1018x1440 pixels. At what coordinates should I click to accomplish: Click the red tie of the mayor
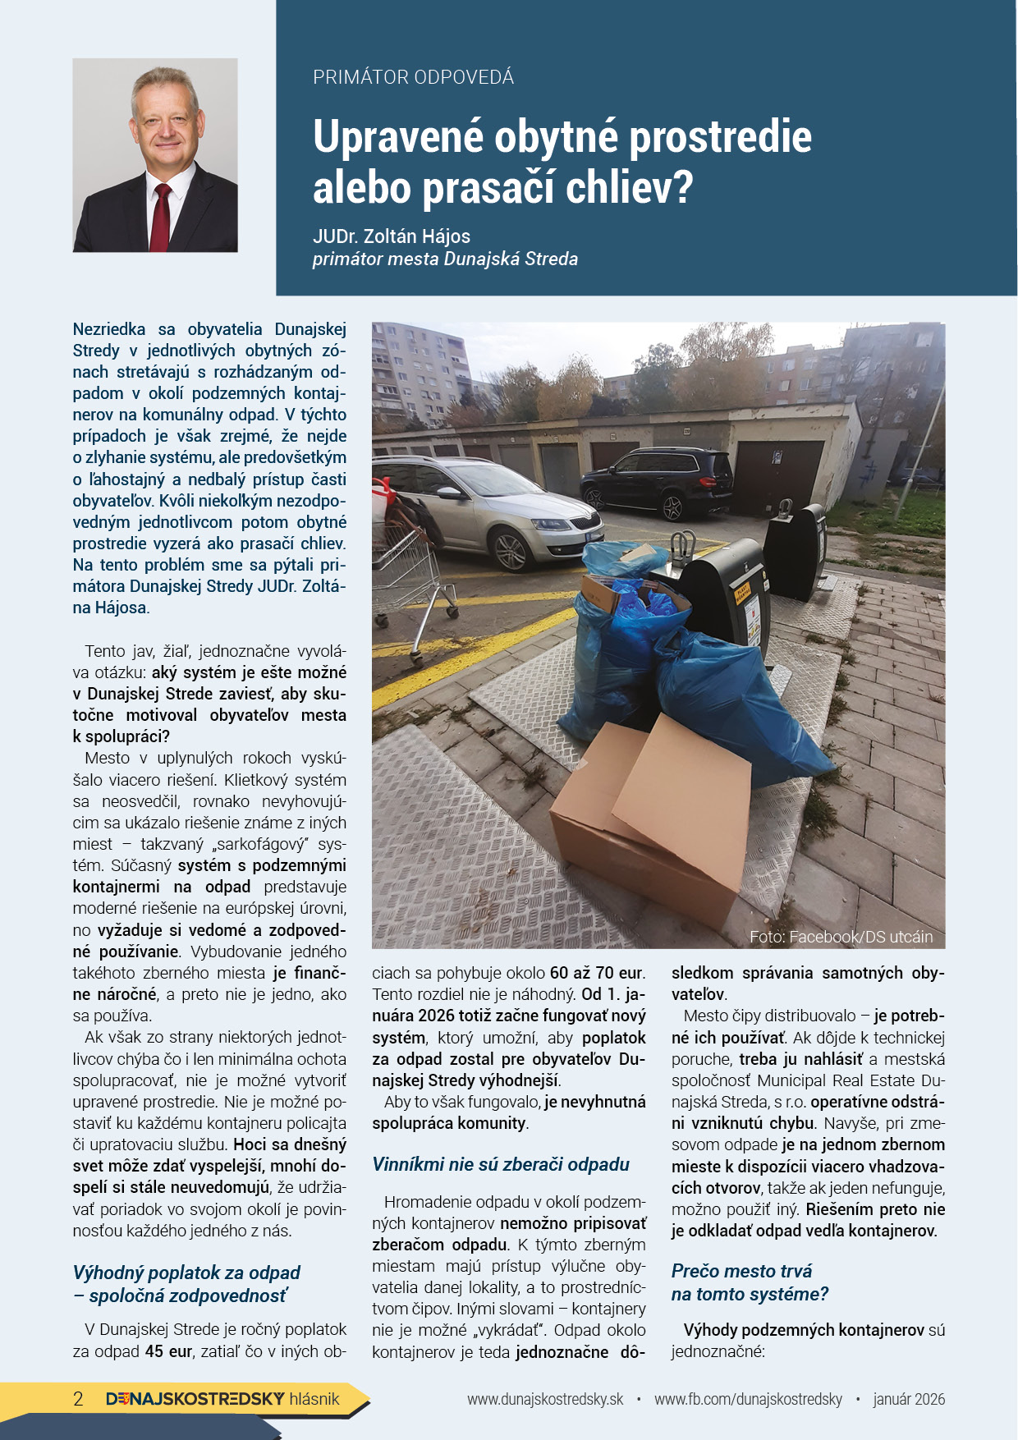point(160,218)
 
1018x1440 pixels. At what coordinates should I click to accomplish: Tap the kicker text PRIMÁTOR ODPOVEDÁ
point(413,77)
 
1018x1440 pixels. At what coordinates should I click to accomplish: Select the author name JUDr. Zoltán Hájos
point(392,236)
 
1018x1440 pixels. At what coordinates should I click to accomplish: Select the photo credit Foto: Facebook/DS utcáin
point(841,937)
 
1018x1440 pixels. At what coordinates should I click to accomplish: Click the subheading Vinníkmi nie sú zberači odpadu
point(501,1164)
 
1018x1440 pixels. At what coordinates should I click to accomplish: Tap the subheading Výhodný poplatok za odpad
point(186,1273)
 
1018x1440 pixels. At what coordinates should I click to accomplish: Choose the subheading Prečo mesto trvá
point(741,1271)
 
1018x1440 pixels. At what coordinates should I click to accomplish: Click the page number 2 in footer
point(78,1399)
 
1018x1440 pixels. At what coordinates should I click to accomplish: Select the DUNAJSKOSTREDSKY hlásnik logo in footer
point(222,1399)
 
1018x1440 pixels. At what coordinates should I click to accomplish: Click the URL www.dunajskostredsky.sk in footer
point(545,1399)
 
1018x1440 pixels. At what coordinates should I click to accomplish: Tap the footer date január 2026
point(909,1399)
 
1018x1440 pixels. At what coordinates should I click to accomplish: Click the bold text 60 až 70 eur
point(596,973)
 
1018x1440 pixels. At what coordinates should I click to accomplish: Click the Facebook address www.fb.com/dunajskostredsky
point(748,1399)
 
